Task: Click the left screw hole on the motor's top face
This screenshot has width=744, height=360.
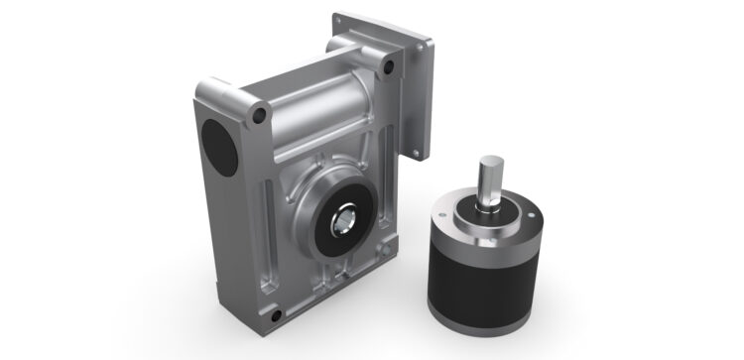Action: click(455, 213)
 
